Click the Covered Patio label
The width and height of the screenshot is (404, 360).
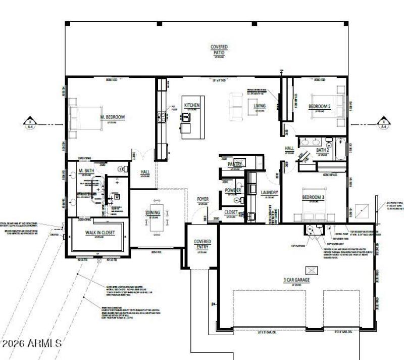(219, 49)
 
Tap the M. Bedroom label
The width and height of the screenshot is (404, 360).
(112, 117)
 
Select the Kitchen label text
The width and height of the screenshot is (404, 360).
(192, 105)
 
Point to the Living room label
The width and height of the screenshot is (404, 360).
(260, 106)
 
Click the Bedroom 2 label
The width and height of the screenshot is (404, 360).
(320, 106)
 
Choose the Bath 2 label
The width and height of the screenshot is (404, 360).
(323, 150)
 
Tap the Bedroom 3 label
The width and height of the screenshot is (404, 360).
(313, 197)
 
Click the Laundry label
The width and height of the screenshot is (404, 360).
(270, 193)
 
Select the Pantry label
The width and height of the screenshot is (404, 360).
(235, 164)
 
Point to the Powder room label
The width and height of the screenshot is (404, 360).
(233, 190)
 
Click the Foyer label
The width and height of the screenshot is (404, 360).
(203, 199)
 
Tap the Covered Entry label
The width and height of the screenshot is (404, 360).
(203, 244)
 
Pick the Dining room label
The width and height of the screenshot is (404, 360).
(153, 213)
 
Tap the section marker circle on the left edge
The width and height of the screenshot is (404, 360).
(30, 123)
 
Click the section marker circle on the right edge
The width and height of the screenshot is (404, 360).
(384, 123)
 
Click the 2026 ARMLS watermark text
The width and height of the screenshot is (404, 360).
(31, 343)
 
